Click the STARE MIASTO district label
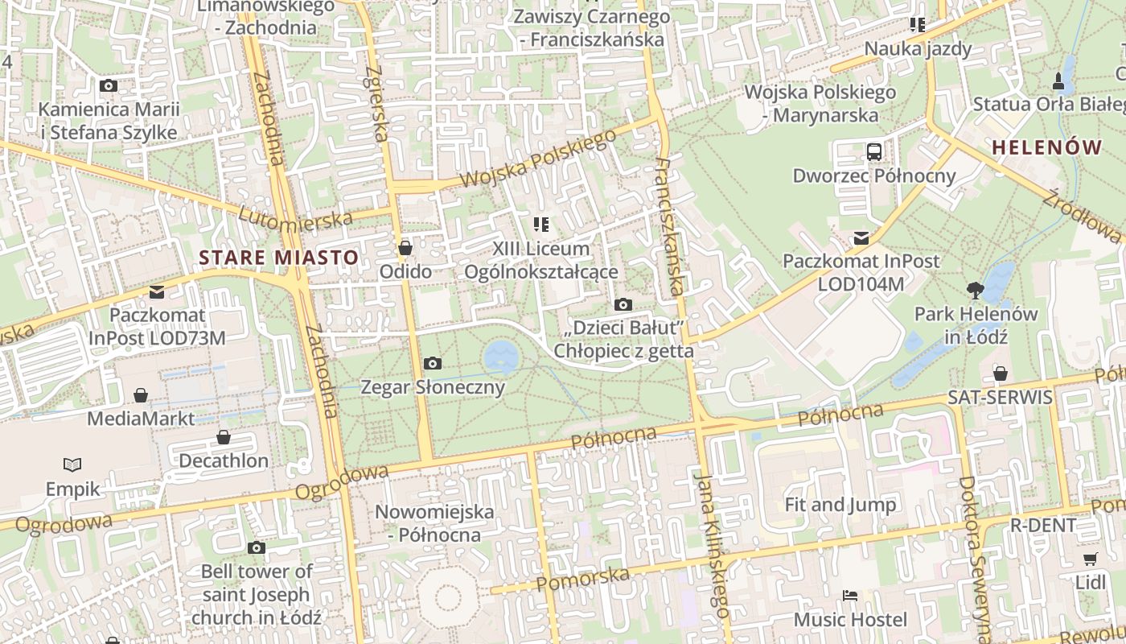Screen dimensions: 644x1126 point(278,258)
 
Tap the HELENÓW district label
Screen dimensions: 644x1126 point(1046,147)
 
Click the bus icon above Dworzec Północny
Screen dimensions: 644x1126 point(873,151)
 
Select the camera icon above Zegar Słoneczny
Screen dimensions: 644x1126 point(432,364)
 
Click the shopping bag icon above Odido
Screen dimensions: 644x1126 point(405,247)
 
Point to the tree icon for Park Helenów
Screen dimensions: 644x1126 point(975,290)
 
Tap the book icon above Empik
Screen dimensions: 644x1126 point(72,464)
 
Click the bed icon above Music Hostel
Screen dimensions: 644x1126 point(850,596)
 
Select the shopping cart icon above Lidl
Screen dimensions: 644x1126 point(1090,559)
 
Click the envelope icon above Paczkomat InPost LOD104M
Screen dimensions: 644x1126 point(861,237)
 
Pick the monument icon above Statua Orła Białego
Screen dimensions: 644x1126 point(1058,80)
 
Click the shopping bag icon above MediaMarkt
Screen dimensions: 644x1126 point(141,394)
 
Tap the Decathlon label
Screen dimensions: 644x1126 point(224,461)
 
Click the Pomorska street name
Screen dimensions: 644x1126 point(582,579)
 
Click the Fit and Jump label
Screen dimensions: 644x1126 point(840,505)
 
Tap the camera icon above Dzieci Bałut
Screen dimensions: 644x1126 point(623,304)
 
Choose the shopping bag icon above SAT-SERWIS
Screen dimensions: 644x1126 point(1000,373)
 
